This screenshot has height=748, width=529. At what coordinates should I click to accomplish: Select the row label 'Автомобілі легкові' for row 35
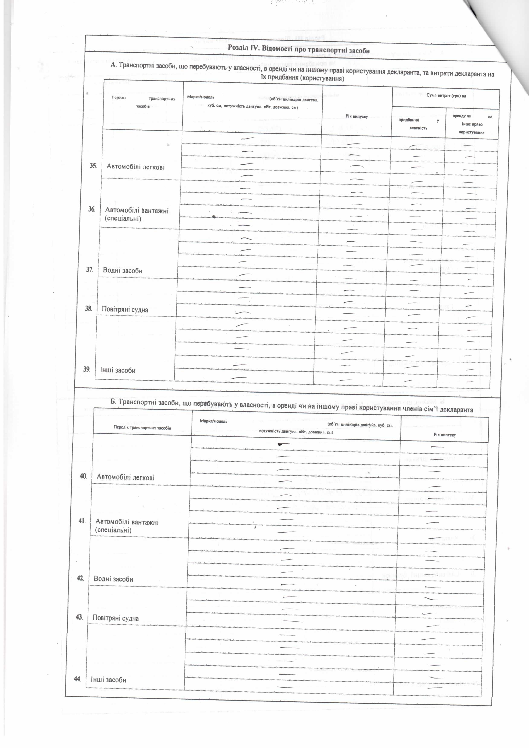coord(136,167)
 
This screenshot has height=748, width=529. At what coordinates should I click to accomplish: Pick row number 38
coord(88,308)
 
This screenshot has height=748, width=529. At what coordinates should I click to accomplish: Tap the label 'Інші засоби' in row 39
coord(118,370)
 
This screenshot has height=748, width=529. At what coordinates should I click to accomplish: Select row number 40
coord(83,476)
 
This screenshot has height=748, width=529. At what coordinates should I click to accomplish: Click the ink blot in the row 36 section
coord(214,216)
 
